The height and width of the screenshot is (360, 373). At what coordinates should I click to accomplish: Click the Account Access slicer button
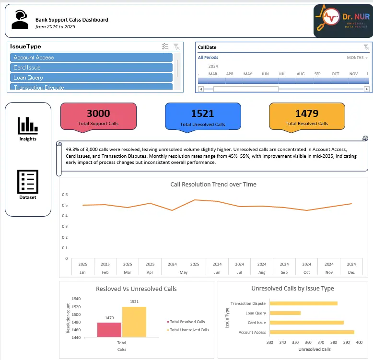(x=91, y=58)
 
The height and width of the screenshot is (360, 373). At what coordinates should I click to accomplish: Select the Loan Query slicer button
(x=91, y=78)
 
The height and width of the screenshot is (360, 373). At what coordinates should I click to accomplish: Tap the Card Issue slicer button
(x=91, y=68)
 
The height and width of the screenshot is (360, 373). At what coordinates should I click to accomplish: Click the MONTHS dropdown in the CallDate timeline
(x=357, y=58)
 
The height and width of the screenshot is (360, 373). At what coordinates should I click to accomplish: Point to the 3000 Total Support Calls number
(x=98, y=114)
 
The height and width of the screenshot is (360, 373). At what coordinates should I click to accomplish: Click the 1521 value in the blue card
(x=202, y=114)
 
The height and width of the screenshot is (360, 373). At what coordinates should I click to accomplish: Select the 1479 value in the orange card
(x=307, y=114)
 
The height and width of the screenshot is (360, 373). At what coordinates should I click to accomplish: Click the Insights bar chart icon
(x=28, y=126)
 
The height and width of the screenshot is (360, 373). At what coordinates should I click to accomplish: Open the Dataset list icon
(x=28, y=182)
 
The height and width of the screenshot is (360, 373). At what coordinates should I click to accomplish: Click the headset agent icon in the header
(x=20, y=20)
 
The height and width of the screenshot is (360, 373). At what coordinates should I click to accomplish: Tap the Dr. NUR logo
(x=341, y=20)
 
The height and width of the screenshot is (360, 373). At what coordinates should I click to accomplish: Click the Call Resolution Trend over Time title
(x=213, y=185)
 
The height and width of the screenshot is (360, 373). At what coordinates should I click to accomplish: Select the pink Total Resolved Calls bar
(x=109, y=330)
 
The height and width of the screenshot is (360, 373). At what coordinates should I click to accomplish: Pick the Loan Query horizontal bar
(x=285, y=313)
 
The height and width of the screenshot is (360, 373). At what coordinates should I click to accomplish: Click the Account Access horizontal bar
(x=312, y=332)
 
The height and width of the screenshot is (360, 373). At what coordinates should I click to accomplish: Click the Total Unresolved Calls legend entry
(x=189, y=330)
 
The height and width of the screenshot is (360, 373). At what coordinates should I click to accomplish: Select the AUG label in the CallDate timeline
(x=301, y=74)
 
